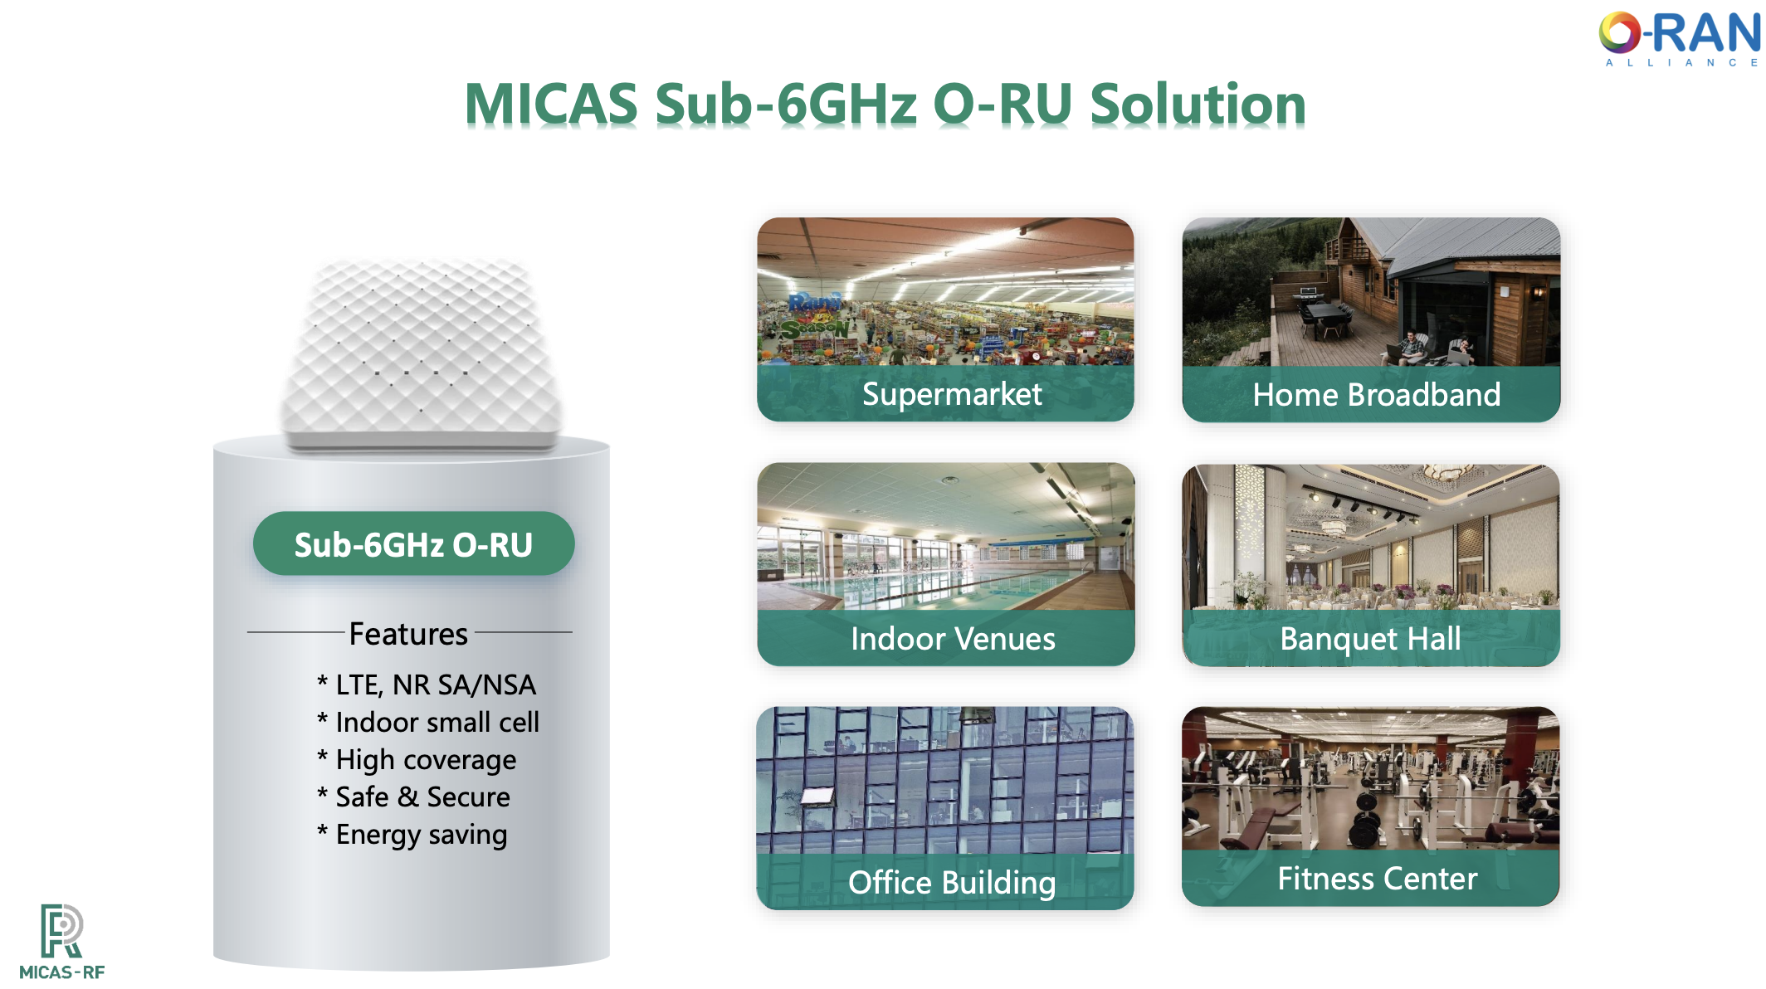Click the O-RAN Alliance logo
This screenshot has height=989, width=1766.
1679,38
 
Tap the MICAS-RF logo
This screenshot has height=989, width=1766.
62,942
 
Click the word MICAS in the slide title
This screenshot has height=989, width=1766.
551,105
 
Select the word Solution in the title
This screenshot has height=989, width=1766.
1198,105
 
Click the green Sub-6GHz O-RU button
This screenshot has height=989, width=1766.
413,544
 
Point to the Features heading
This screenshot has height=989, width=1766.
408,634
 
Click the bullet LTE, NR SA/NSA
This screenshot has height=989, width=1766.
427,685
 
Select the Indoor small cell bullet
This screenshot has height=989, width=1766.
428,722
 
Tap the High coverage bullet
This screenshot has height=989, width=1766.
417,760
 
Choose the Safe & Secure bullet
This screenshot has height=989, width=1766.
413,797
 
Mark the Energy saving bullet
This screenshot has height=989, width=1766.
412,835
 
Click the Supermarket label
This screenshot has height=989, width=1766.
952,394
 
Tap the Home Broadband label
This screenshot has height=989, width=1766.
1377,394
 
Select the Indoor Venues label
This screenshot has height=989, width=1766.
953,639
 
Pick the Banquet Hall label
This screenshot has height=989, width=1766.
1370,639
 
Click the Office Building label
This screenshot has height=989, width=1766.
952,883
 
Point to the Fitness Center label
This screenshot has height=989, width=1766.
1378,879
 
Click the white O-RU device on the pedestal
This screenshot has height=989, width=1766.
422,355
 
